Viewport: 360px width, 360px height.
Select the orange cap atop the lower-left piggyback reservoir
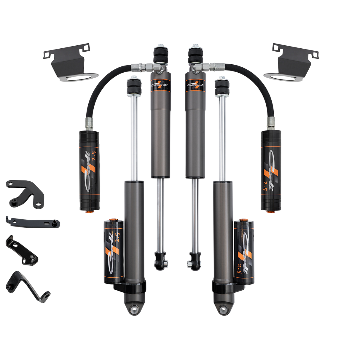click(x=113, y=220)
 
